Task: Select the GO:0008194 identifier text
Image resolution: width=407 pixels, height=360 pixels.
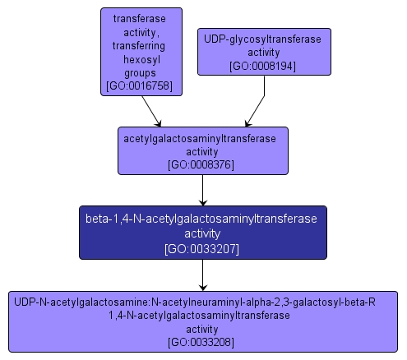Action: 263,66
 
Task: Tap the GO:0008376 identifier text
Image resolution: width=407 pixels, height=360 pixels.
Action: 202,164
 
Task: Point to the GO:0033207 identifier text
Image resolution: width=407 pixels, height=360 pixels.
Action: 202,247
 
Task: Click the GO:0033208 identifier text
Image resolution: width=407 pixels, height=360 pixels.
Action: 202,341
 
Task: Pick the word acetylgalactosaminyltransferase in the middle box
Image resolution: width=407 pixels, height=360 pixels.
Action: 202,138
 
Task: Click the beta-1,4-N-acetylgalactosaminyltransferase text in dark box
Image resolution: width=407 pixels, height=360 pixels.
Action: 202,219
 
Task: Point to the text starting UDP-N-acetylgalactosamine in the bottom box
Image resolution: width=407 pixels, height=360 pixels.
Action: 195,302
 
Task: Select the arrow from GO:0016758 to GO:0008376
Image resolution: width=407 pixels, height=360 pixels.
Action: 152,111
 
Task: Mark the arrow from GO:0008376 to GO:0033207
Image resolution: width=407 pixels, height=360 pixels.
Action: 202,190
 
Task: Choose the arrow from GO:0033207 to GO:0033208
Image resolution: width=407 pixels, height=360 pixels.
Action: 202,275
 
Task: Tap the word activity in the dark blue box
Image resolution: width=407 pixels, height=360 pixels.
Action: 202,233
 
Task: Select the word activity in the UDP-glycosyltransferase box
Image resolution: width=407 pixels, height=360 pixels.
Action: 263,52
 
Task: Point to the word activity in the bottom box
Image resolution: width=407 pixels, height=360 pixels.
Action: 202,328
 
